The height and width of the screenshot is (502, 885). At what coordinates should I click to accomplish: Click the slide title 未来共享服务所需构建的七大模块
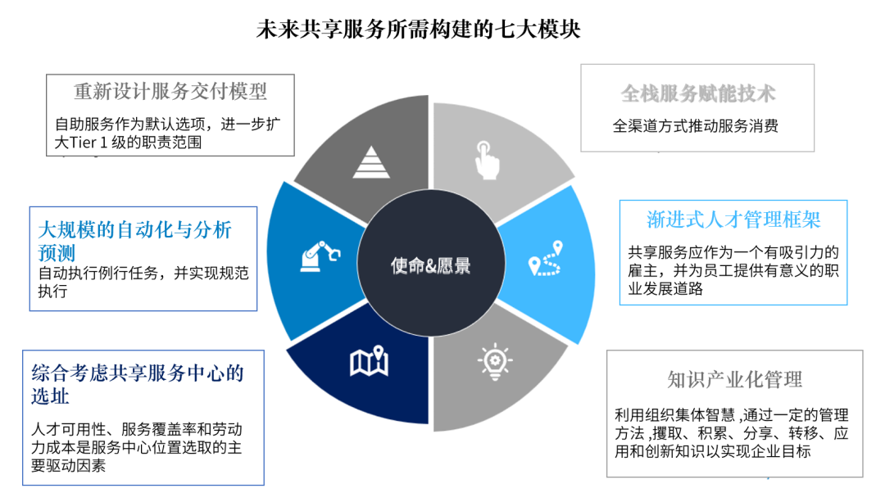pyautogui.click(x=419, y=29)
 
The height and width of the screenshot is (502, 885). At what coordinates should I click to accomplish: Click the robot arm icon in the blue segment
pyautogui.click(x=319, y=255)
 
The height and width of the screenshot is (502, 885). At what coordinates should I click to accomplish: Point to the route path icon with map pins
pyautogui.click(x=547, y=258)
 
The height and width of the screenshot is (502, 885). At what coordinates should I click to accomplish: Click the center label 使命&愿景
pyautogui.click(x=431, y=265)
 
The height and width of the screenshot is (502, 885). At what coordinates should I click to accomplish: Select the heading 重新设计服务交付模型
pyautogui.click(x=170, y=90)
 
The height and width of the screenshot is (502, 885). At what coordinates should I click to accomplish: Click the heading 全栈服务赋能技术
pyautogui.click(x=697, y=93)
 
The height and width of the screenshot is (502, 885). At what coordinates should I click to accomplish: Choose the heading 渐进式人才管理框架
pyautogui.click(x=733, y=219)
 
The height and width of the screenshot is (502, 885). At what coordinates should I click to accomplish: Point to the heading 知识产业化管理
pyautogui.click(x=734, y=379)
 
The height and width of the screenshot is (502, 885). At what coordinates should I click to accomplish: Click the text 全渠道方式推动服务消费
pyautogui.click(x=696, y=126)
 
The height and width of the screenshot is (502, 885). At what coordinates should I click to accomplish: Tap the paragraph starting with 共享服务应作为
pyautogui.click(x=733, y=270)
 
